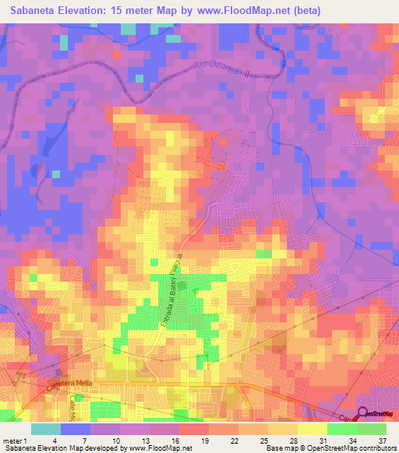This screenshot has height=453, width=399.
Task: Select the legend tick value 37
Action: [384, 441]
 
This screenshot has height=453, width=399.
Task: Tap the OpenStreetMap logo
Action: [378, 414]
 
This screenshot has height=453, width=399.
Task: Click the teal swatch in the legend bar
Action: [46, 429]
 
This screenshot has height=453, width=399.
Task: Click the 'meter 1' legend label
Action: [15, 441]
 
